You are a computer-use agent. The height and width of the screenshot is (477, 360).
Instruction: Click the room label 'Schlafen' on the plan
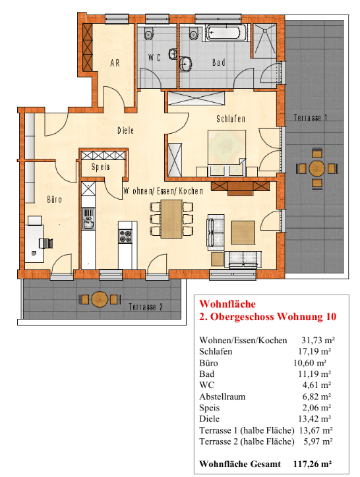(x=230, y=119)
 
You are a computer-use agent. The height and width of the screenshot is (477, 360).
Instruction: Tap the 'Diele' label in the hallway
(x=126, y=130)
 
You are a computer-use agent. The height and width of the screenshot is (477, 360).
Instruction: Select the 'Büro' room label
(x=53, y=198)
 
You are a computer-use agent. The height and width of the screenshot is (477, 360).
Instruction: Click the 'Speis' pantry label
(x=101, y=167)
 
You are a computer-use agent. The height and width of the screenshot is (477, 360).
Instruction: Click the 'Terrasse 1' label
(x=311, y=117)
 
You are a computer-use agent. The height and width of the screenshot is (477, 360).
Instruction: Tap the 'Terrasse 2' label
(x=146, y=307)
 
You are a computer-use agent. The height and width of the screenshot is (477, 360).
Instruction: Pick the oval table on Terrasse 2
(x=100, y=299)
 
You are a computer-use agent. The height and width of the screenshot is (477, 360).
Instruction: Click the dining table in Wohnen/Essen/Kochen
(x=172, y=218)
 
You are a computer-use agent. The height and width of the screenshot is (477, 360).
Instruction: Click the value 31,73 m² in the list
(x=317, y=340)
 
